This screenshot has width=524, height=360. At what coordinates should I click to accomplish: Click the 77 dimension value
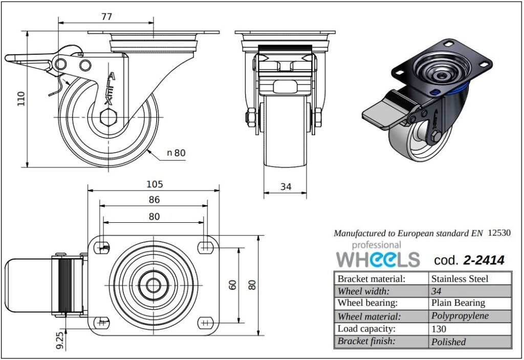point(106,16)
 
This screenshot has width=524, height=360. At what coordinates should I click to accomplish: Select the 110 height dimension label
point(21,98)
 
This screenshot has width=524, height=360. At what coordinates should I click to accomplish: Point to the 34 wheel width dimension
point(286,187)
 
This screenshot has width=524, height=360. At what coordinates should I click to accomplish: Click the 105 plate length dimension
point(154,184)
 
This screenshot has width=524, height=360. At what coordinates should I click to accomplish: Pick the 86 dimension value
point(154,200)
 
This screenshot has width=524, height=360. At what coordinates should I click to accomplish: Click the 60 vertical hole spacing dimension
point(233,285)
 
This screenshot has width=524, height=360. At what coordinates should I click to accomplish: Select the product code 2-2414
point(484,260)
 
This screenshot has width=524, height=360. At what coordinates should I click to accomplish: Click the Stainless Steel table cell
point(460,279)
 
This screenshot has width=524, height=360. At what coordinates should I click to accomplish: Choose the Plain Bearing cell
point(458,303)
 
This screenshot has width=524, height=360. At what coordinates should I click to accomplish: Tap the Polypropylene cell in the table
point(460,316)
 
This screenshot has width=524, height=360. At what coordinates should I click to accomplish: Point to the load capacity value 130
point(439,329)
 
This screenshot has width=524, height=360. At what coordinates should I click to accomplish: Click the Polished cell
point(448,342)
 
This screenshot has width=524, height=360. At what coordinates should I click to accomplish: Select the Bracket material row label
point(371,279)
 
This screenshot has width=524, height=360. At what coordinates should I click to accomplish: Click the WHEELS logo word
point(378,259)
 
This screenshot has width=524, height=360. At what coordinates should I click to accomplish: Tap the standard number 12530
point(499,232)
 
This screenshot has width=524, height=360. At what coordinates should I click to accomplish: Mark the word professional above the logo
point(369,245)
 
